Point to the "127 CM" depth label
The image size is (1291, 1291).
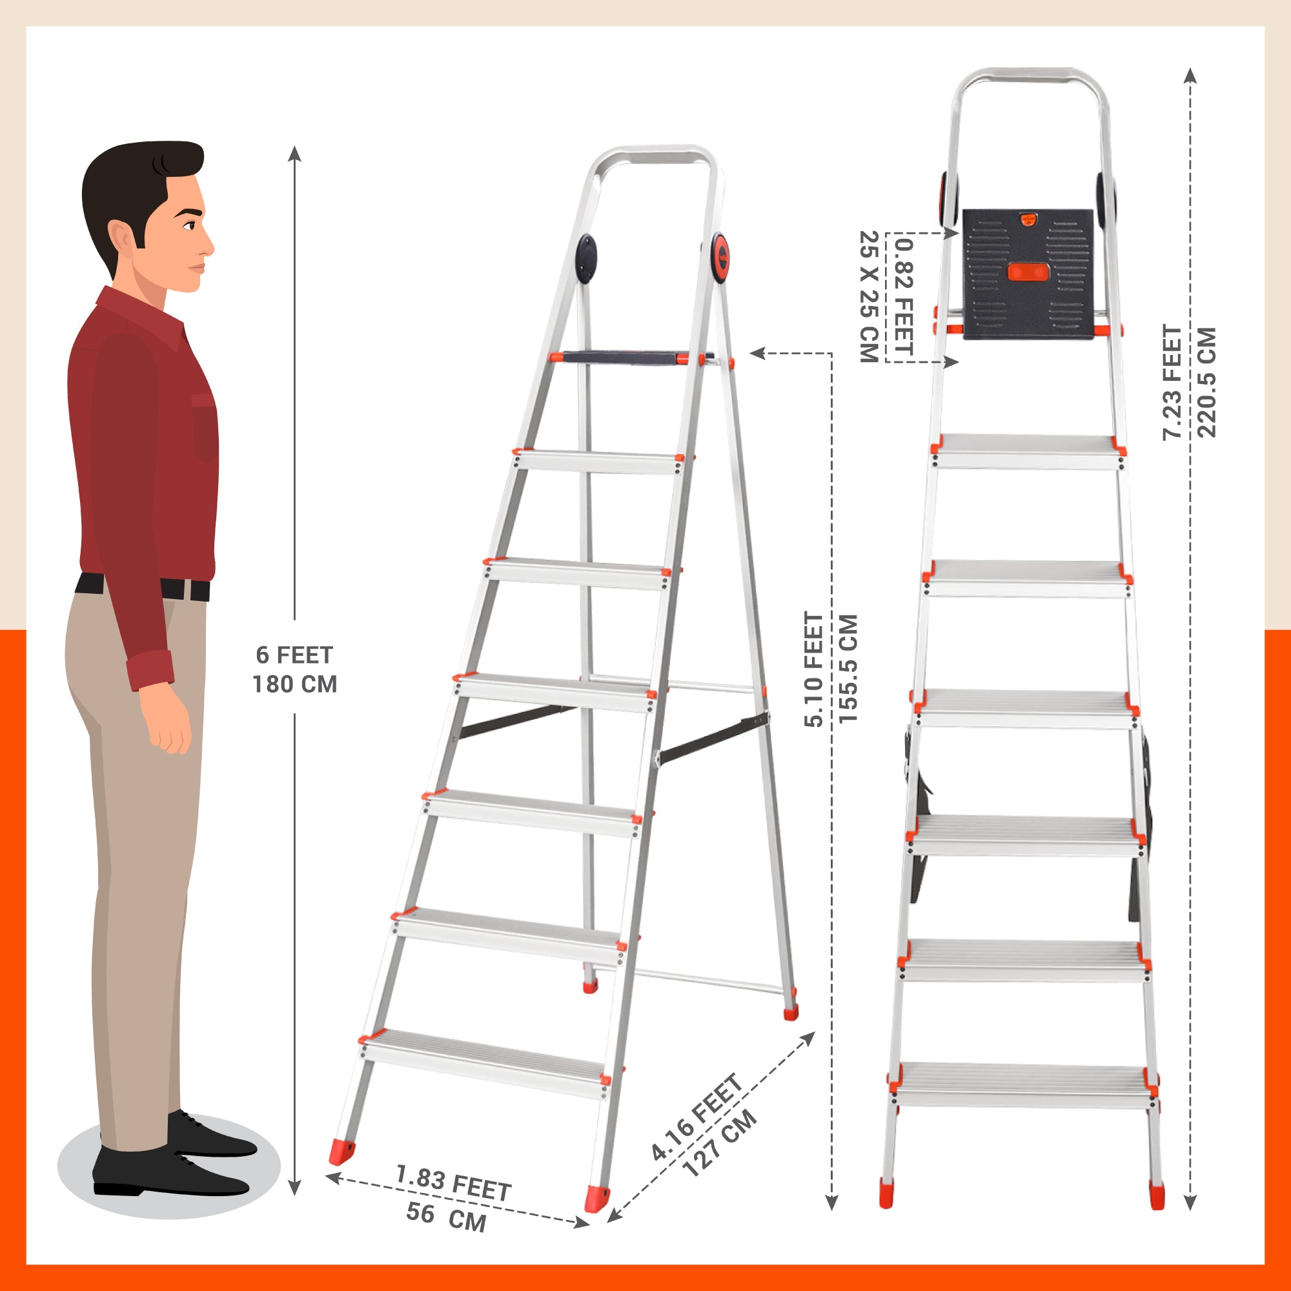pos(720,1143)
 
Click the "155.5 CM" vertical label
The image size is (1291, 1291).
pos(848,668)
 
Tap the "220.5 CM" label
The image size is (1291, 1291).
pos(1207,382)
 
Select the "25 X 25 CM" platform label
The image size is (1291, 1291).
pos(868,297)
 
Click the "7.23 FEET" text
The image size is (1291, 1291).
pos(1173,382)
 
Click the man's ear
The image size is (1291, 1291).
pos(123,235)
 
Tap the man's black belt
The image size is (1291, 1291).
pos(143,587)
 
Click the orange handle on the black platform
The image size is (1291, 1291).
pos(1028,272)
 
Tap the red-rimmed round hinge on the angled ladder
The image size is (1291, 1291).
pos(720,258)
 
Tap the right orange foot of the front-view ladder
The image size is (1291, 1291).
pos(1156,1194)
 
